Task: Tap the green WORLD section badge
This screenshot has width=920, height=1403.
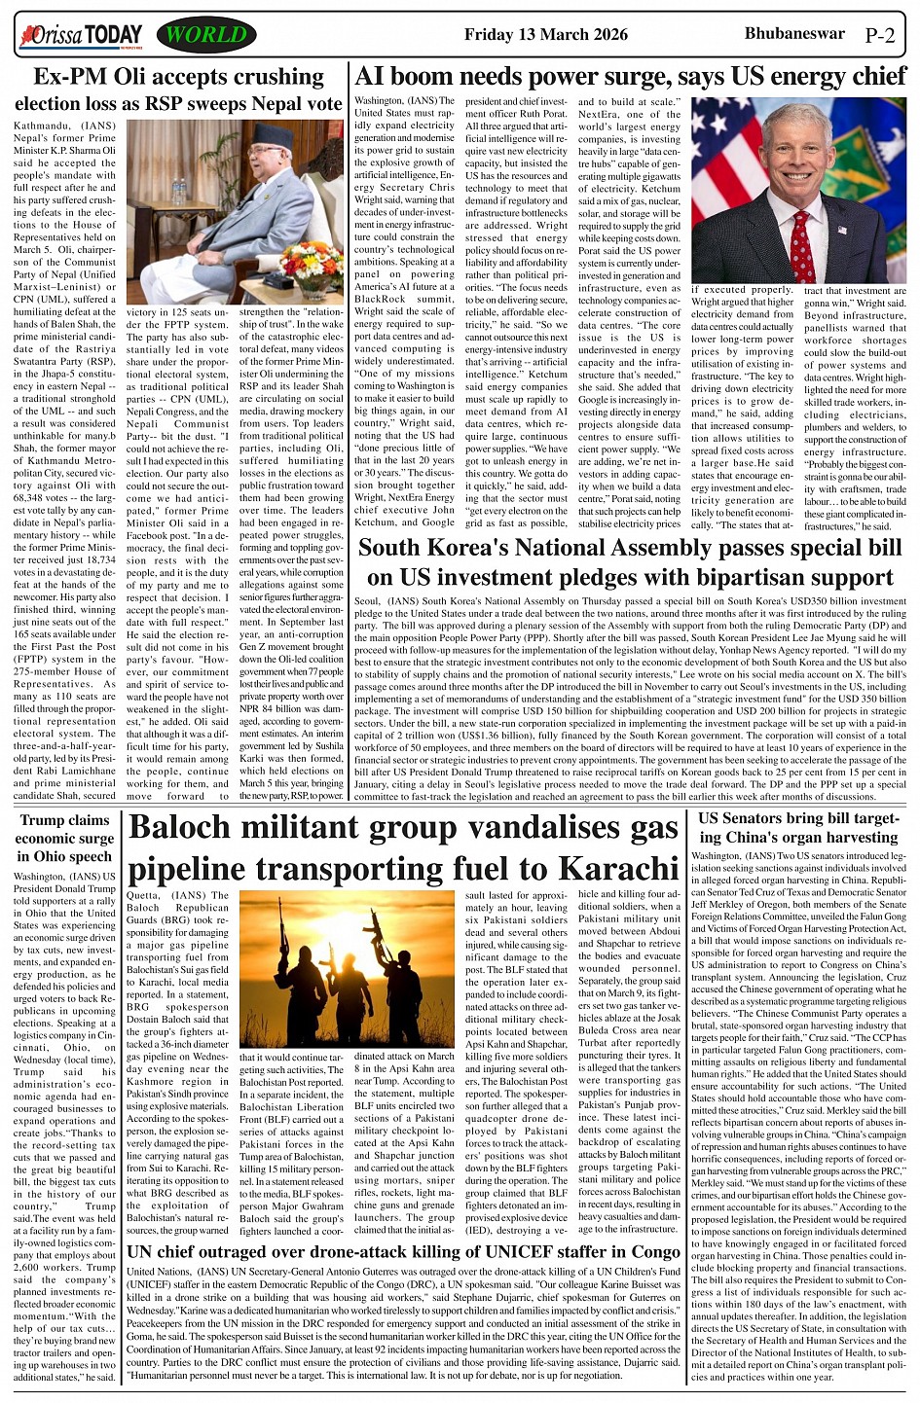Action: (x=205, y=36)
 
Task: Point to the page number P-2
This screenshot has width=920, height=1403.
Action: (x=880, y=37)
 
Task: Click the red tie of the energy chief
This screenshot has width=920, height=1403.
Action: (x=801, y=247)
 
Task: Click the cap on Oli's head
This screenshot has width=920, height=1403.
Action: (x=260, y=146)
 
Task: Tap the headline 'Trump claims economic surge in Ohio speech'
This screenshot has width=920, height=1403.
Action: (x=65, y=838)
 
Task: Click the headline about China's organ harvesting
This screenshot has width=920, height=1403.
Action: (x=797, y=828)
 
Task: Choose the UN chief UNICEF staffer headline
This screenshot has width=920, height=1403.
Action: (x=403, y=1251)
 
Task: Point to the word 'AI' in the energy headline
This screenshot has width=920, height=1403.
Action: (x=371, y=76)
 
